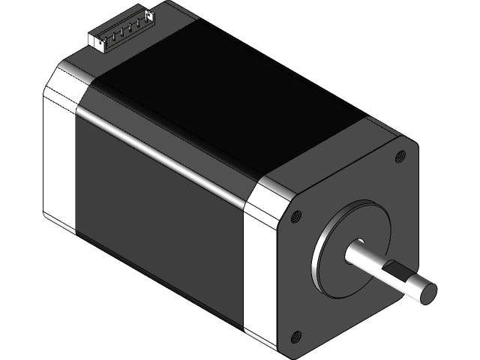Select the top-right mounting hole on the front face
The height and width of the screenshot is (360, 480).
(399, 157)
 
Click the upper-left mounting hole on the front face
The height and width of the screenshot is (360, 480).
(295, 216)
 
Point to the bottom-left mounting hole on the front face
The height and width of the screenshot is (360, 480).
(295, 335)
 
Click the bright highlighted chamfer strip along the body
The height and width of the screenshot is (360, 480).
(165, 146)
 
